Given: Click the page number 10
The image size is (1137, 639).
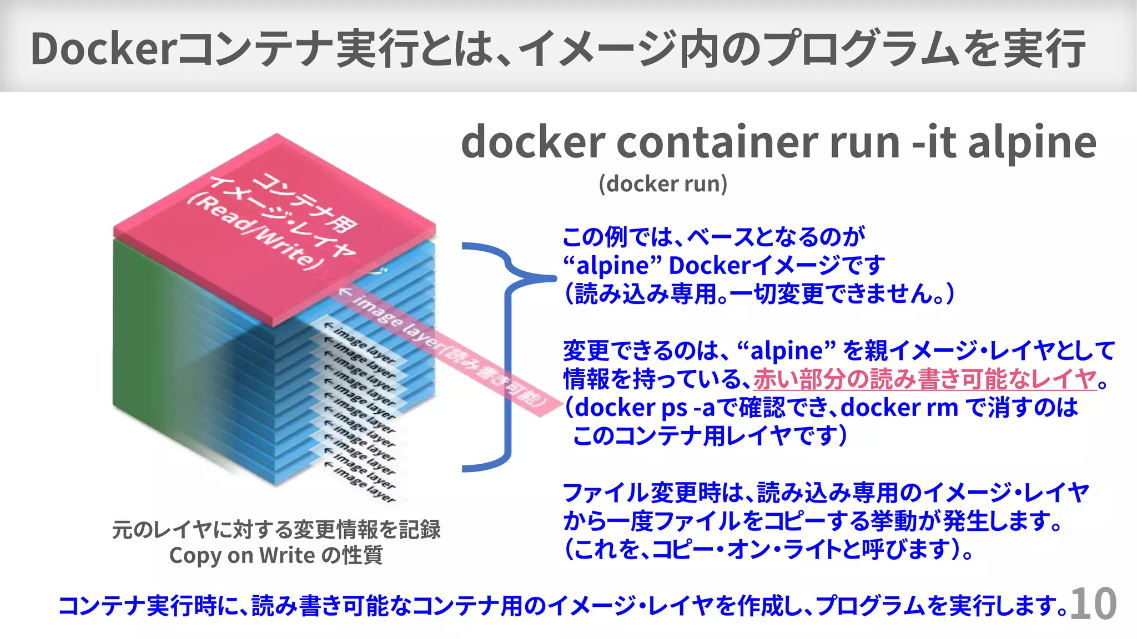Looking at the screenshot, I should point(1093,604).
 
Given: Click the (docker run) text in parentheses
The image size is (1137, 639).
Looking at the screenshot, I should point(663,184).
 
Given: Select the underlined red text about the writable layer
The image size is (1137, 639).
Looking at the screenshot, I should point(925,379).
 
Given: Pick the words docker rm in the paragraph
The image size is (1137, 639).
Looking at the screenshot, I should point(899,408).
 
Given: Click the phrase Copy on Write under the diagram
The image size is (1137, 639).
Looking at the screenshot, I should point(242,555).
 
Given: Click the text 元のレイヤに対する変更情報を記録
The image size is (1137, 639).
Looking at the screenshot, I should point(276,529).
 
